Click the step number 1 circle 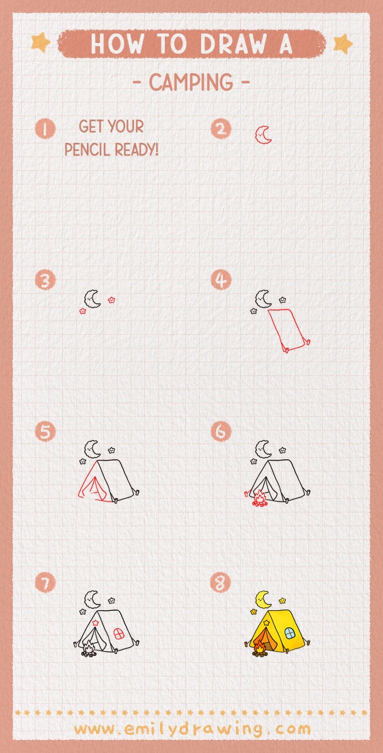click(x=45, y=128)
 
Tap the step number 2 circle click(x=221, y=128)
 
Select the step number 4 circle click(x=221, y=280)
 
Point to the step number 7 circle click(x=45, y=583)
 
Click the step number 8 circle click(x=221, y=583)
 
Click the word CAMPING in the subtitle click(x=191, y=83)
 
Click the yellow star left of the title click(x=41, y=44)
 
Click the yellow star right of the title click(x=342, y=44)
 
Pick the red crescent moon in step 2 click(x=264, y=135)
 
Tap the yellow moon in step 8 click(x=262, y=599)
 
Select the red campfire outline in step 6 click(x=259, y=499)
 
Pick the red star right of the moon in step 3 click(x=111, y=299)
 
